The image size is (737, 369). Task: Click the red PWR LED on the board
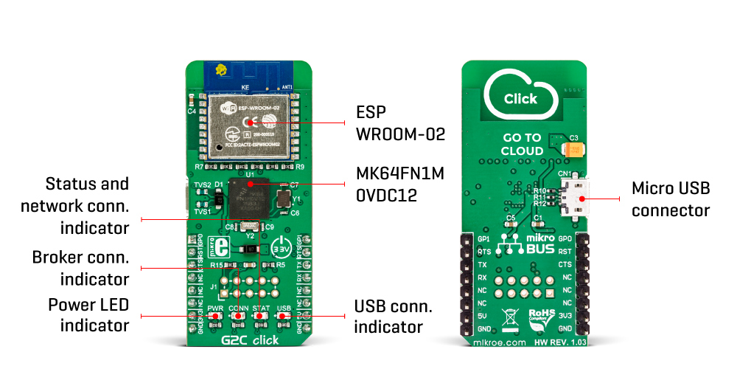tap(216, 316)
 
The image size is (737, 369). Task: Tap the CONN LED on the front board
tap(238, 316)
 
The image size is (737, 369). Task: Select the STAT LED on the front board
tap(260, 316)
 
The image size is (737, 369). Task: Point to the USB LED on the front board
tap(282, 316)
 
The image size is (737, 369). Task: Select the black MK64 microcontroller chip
tap(250, 197)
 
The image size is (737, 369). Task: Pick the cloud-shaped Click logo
tap(520, 94)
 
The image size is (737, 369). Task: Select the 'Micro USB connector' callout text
tap(671, 199)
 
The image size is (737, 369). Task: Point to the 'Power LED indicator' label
tap(89, 314)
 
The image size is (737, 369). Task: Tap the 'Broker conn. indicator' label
tap(81, 268)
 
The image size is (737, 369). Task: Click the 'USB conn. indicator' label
tap(393, 316)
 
